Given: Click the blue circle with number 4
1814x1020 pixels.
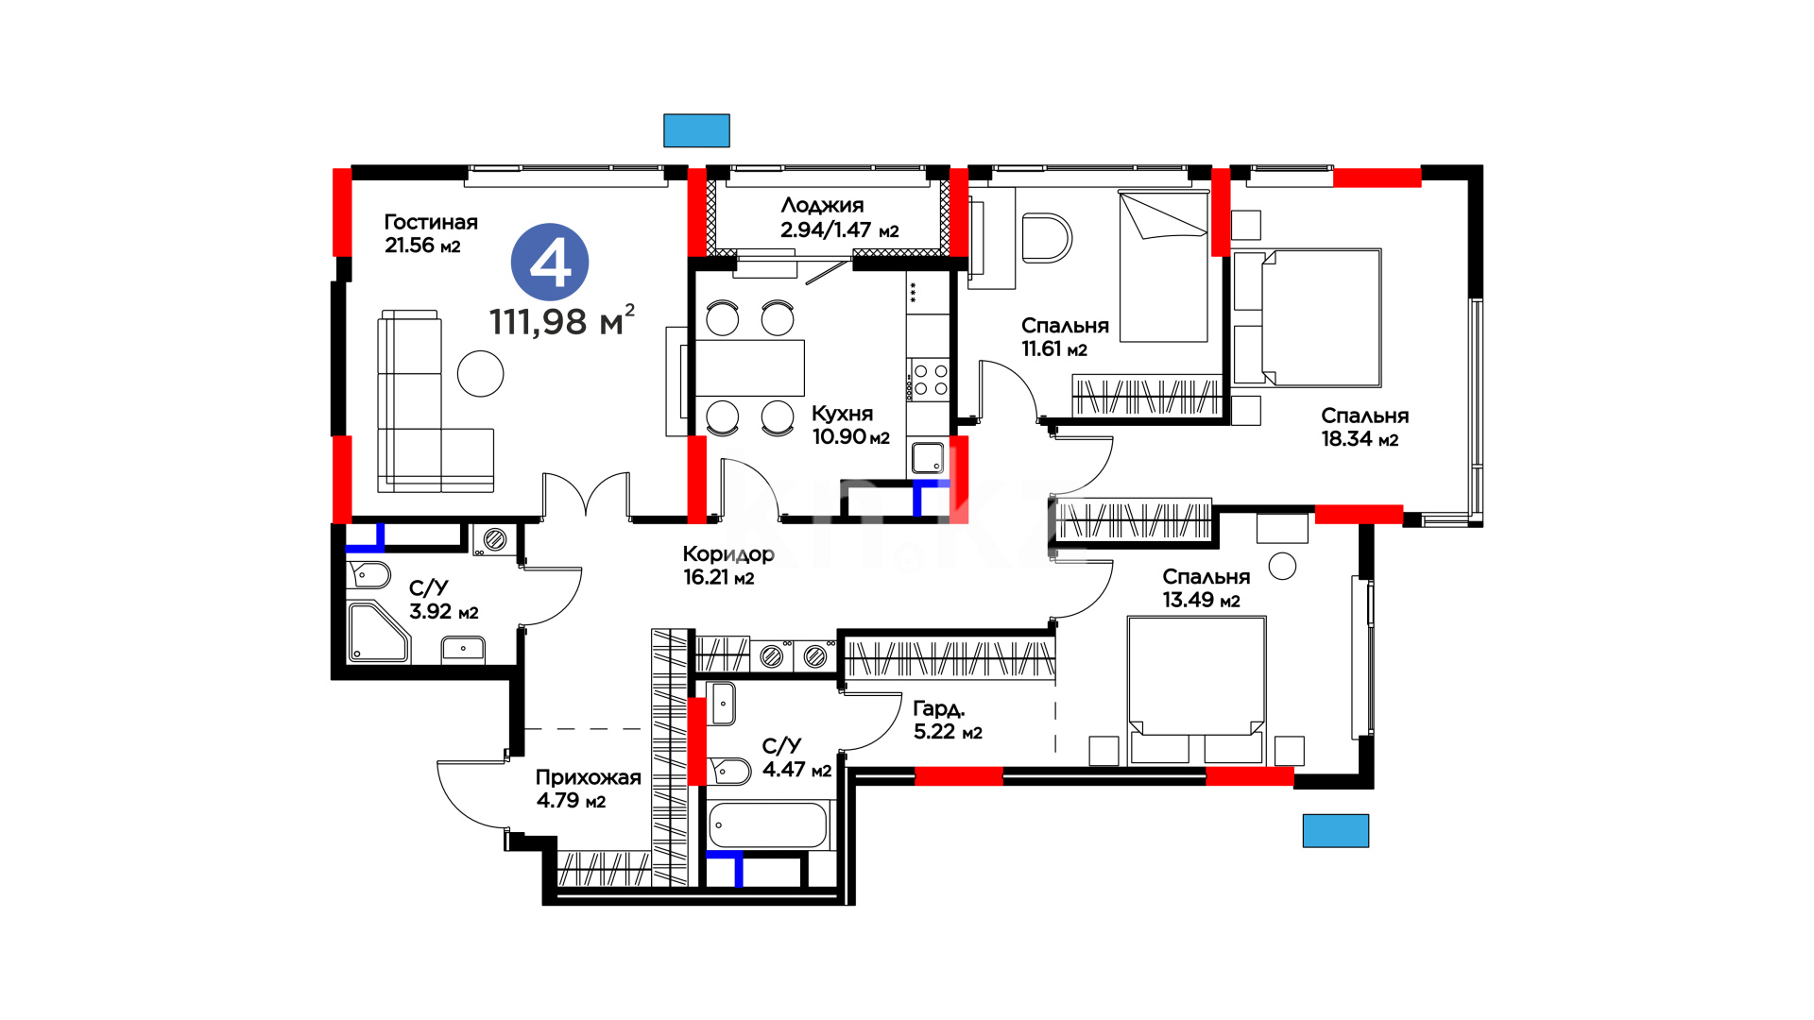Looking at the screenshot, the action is coord(550,263).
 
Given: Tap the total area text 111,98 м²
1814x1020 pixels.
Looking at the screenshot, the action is coord(562,321).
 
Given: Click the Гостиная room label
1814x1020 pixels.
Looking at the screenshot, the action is coord(431,223).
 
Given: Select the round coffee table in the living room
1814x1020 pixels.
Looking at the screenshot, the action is coord(480,373).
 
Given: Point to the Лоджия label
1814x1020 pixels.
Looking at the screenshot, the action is coord(822,206).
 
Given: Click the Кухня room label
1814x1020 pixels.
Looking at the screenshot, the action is coord(843,414).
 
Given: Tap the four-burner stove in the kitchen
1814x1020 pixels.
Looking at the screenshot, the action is coord(929,380).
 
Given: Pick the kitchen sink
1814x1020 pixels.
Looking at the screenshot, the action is coord(928,458).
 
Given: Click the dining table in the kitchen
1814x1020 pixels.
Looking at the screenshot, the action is coord(750,367).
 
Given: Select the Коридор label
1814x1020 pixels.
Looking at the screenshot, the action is coord(728,554).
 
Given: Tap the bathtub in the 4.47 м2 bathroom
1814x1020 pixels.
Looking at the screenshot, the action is coord(768,825).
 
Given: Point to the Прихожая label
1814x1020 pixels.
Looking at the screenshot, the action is coord(589,777).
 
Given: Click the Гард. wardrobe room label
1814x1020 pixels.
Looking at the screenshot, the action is coord(938,708).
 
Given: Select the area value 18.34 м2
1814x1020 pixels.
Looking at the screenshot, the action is coord(1360,439).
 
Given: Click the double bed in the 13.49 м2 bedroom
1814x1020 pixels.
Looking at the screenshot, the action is coord(1196,689).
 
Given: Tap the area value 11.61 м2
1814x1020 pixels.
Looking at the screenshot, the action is coord(1054,349).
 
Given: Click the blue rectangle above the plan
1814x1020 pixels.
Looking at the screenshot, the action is coord(696,130).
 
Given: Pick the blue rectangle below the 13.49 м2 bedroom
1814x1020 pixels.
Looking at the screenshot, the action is coord(1336,831).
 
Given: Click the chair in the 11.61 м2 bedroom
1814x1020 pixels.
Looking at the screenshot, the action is coord(1047,237).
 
